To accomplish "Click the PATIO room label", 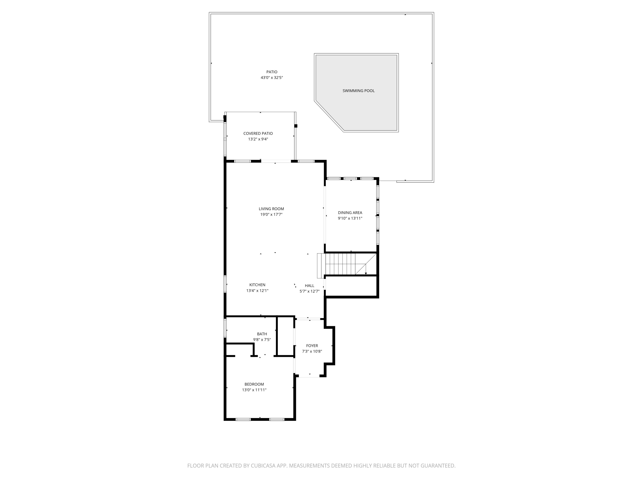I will (x=272, y=72).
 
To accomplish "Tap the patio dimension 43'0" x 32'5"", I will (x=272, y=78).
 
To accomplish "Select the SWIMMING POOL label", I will (x=358, y=91).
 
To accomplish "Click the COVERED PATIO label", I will (x=258, y=133).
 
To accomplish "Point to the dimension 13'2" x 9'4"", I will (x=258, y=139).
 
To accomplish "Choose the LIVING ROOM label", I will (x=271, y=209).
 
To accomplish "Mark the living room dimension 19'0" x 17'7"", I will (x=271, y=214).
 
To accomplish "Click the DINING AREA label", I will (x=350, y=213).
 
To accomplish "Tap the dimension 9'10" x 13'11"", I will (x=350, y=218).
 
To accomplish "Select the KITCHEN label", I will (x=257, y=285).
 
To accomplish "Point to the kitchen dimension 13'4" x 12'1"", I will (x=257, y=290).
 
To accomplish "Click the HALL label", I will (x=309, y=286).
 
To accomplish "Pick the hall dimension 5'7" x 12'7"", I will (x=309, y=291).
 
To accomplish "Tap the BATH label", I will (x=262, y=334).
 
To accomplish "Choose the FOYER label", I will (x=312, y=346).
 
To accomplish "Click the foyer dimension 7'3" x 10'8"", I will (x=312, y=351).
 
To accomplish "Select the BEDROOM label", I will (x=254, y=384).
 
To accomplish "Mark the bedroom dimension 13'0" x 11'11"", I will (x=254, y=390).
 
